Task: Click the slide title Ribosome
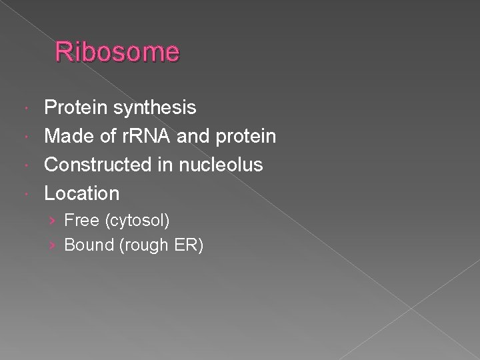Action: [117, 52]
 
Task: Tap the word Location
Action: [82, 193]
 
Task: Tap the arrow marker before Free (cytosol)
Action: [55, 220]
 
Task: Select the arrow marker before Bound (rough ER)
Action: [55, 246]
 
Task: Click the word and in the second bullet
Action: [192, 135]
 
